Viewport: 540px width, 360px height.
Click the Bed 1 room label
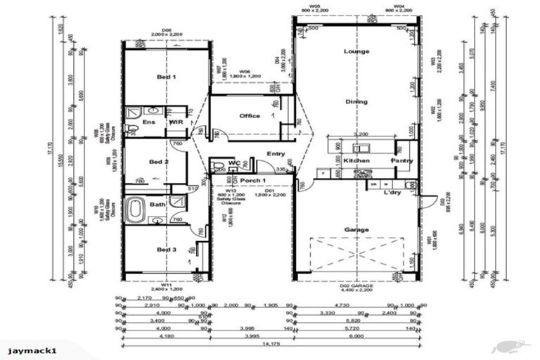166,77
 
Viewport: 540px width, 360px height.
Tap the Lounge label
356,51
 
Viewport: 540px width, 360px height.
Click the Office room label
249,116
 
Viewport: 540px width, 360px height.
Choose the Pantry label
402,161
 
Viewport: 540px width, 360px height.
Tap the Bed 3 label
166,249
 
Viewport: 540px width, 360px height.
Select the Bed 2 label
159,162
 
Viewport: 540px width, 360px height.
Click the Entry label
275,153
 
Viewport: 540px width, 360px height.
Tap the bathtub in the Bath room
134,210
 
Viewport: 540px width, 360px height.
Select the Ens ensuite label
148,122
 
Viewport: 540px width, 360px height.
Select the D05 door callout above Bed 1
167,30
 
